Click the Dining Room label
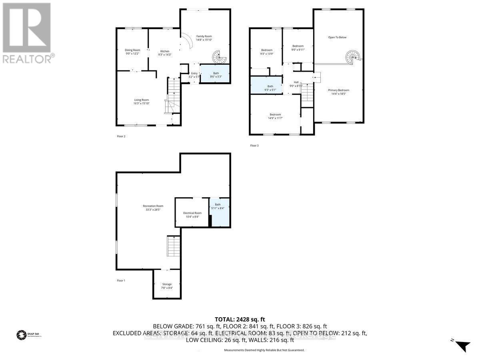(132, 50)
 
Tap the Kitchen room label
(165, 51)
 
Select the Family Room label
(204, 36)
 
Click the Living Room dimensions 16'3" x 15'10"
(141, 104)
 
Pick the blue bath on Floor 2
(215, 74)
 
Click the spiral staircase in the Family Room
(218, 58)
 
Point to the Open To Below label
(337, 37)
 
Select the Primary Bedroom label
(339, 90)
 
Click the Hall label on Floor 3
(296, 82)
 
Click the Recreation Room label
(153, 206)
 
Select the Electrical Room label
(192, 213)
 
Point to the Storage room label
(167, 284)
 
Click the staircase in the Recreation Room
(174, 246)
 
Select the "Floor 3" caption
(254, 146)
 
